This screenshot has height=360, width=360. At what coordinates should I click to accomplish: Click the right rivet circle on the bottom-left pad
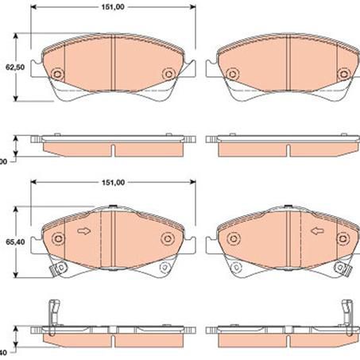click(x=168, y=240)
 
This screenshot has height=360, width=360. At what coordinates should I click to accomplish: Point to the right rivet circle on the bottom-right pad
click(x=343, y=240)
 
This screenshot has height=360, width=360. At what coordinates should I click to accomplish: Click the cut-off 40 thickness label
click(x=3, y=351)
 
